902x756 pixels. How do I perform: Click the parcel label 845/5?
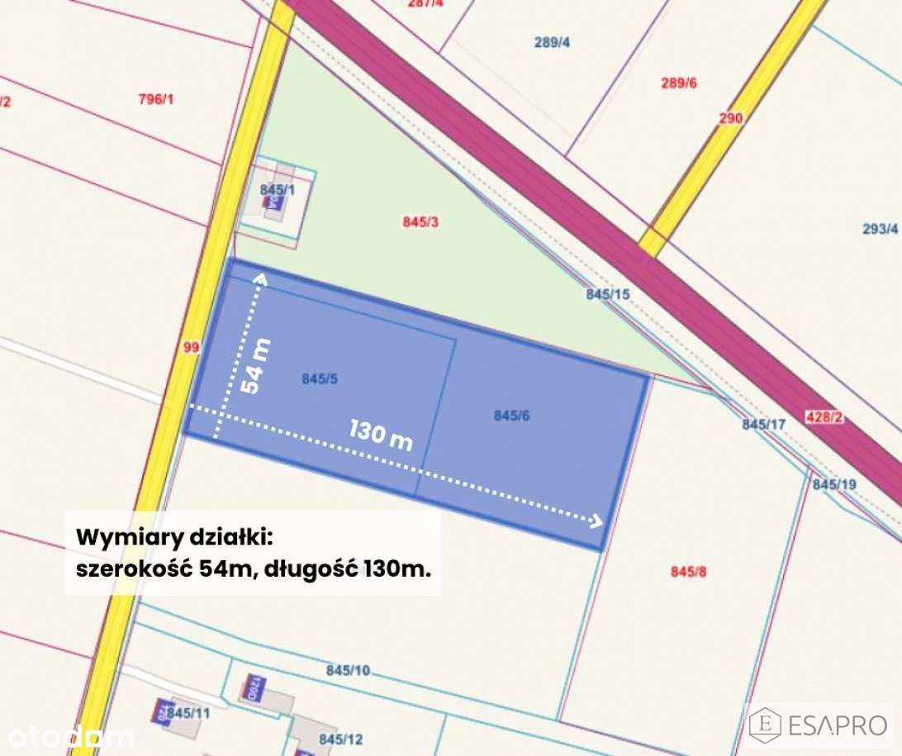click(x=320, y=379)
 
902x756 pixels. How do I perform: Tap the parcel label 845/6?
click(x=511, y=416)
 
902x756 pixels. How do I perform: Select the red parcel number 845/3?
click(x=420, y=221)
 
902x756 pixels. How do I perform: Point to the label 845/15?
click(x=608, y=293)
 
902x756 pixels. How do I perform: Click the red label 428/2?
click(x=824, y=417)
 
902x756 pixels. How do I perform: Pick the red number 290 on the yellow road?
click(x=730, y=118)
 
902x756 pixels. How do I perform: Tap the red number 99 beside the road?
click(x=191, y=348)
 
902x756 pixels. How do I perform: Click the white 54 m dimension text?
click(x=257, y=364)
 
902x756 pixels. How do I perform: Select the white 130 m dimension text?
click(x=381, y=435)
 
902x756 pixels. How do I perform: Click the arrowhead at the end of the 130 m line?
click(x=596, y=521)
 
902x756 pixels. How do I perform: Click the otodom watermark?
click(x=70, y=735)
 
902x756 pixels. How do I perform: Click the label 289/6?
click(x=679, y=83)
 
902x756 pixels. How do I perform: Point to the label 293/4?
click(x=880, y=229)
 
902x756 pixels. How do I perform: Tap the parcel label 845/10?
click(x=348, y=670)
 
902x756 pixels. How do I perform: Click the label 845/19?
click(x=834, y=484)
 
